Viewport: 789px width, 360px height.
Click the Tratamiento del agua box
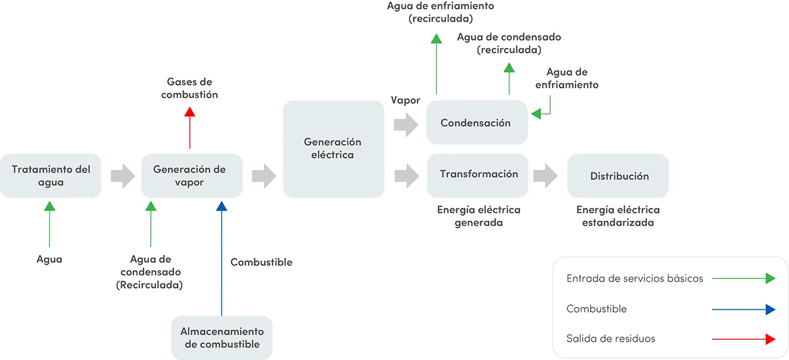click(50, 176)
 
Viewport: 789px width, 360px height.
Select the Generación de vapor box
click(191, 176)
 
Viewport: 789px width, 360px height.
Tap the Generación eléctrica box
click(333, 149)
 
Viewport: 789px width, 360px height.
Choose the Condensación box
click(476, 123)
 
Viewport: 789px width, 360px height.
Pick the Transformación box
click(478, 174)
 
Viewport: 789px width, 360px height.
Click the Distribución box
click(619, 176)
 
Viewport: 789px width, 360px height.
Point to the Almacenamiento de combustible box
click(222, 338)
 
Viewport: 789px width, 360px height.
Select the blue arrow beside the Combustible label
click(222, 259)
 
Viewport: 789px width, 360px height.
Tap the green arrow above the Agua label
click(49, 224)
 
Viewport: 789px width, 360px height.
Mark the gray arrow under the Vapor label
click(405, 124)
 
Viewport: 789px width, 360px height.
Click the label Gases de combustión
click(189, 88)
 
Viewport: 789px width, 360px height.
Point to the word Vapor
click(405, 100)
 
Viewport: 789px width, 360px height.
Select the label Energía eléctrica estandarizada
click(618, 216)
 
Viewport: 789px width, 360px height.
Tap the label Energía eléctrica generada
click(478, 216)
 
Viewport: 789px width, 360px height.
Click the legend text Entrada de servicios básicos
click(634, 279)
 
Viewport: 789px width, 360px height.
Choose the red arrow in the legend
click(743, 339)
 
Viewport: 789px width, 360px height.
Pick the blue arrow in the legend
click(743, 309)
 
